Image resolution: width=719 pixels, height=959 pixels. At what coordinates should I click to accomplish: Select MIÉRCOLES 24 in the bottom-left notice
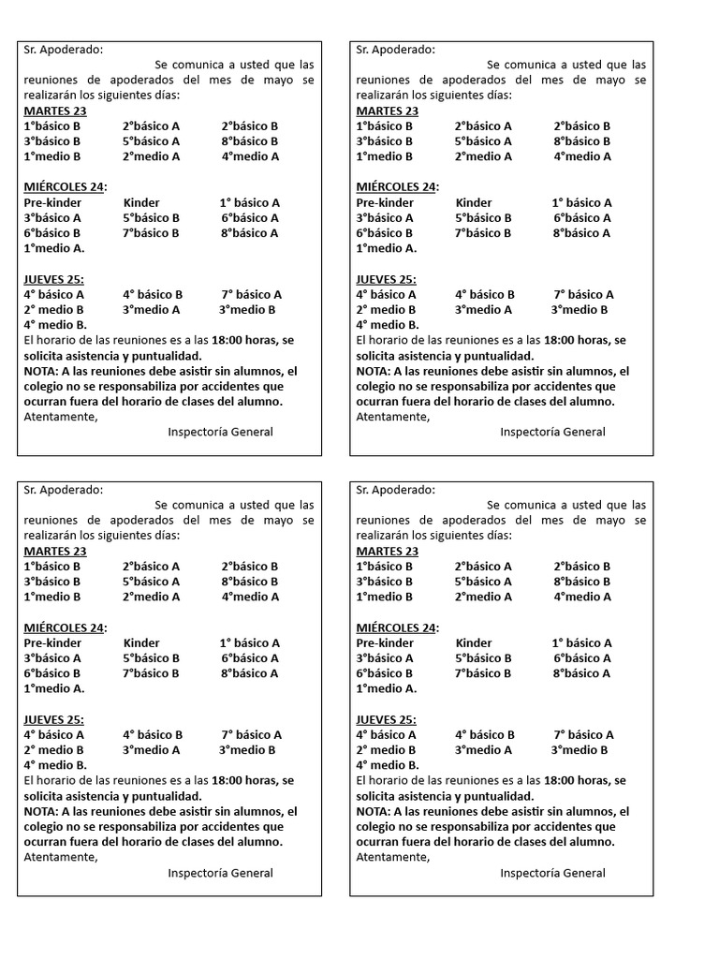coord(64,627)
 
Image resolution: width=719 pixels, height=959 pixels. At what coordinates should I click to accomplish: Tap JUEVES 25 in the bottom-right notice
coord(386,719)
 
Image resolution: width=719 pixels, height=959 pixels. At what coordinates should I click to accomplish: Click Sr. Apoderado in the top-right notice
coord(395,50)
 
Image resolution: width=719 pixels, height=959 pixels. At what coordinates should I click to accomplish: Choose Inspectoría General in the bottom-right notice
coord(552,873)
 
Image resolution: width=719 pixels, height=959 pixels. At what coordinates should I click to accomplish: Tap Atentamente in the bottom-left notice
coord(60,857)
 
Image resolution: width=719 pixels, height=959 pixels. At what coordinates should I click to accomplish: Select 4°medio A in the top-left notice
coord(250,156)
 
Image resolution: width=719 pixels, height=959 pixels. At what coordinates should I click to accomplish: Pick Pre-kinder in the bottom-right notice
coord(385,642)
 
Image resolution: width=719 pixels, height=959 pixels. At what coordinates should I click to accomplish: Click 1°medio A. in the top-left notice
coord(54,248)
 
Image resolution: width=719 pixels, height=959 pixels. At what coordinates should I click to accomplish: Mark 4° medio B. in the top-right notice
coord(388,325)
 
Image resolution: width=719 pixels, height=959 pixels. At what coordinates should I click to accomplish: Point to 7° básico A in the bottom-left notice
coord(252,734)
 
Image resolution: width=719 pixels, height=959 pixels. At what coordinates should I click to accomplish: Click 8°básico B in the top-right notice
coord(582,141)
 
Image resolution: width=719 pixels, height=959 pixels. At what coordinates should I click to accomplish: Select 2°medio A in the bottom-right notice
coord(483,597)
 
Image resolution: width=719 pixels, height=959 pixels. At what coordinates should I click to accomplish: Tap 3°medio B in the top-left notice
coord(247,309)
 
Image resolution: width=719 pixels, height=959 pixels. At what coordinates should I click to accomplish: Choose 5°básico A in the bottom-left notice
coord(151,582)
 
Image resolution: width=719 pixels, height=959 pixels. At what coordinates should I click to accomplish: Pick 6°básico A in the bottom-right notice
coord(582,657)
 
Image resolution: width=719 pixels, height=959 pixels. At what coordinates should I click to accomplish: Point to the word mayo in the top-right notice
coord(610,80)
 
